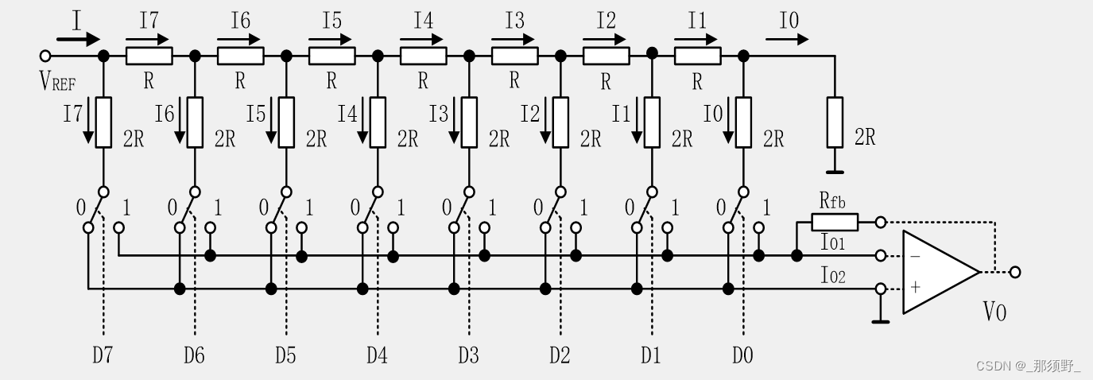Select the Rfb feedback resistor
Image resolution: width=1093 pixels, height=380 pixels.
tap(835, 222)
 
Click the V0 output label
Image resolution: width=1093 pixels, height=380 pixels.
tap(994, 313)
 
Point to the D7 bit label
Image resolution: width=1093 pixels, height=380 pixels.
tap(103, 355)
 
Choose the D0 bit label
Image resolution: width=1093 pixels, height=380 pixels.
tap(742, 355)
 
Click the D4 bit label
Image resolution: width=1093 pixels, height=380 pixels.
tap(377, 355)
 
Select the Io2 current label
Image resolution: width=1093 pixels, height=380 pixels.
tap(832, 277)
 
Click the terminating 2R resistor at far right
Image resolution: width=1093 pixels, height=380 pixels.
tap(834, 122)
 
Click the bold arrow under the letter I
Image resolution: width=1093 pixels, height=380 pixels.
tap(79, 38)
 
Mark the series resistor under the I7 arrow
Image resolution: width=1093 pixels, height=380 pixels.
tap(149, 56)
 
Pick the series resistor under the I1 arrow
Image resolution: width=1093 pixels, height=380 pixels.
tap(697, 56)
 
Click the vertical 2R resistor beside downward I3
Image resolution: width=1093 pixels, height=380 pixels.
tap(469, 122)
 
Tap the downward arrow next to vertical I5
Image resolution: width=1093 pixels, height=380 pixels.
tap(267, 122)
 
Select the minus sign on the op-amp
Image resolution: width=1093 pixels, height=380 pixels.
tap(915, 257)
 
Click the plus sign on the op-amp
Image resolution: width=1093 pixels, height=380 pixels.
tap(915, 288)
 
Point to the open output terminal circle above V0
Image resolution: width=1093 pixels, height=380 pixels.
tap(1014, 272)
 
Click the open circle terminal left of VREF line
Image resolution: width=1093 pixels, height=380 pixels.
tap(45, 56)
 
